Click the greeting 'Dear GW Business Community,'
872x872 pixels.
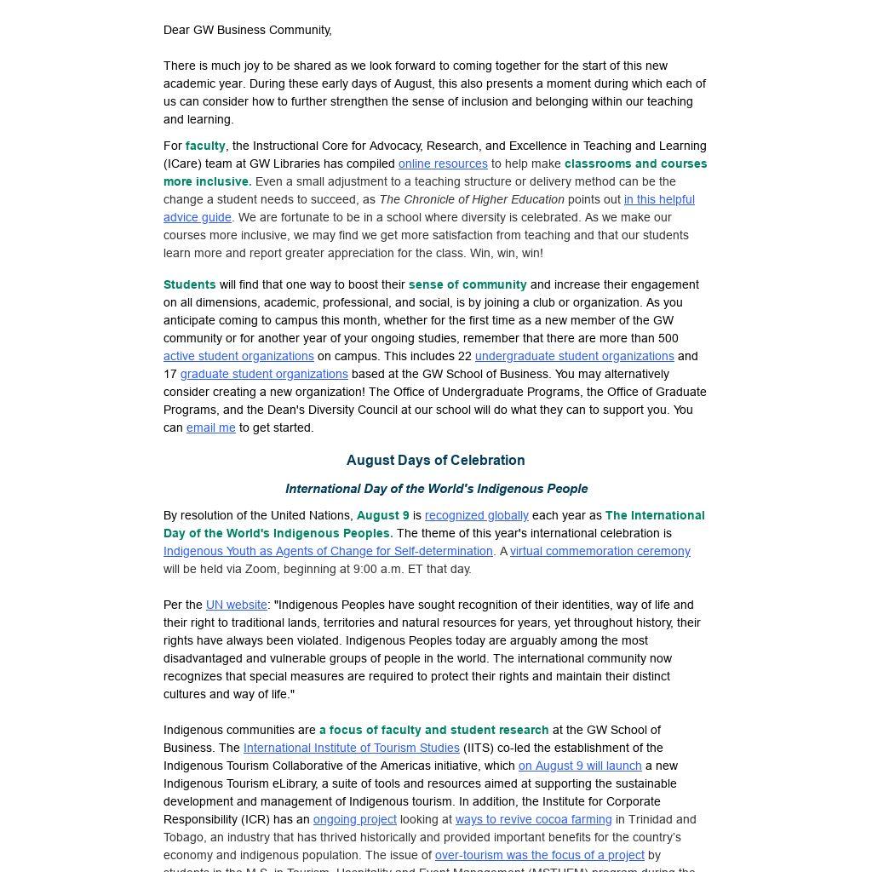[248, 30]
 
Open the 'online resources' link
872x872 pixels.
[443, 163]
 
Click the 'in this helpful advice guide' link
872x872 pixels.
[658, 199]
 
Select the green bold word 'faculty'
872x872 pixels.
[205, 146]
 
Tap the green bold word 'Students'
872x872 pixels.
[189, 284]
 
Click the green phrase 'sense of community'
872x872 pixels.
[468, 284]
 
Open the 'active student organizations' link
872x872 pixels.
[238, 356]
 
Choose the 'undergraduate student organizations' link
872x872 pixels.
[574, 356]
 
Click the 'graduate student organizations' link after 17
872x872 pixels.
[264, 374]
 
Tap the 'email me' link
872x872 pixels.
[210, 427]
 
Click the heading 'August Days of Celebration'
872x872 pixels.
[435, 460]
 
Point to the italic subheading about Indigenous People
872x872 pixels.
[436, 489]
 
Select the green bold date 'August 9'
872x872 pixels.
[382, 515]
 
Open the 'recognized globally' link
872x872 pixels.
[476, 515]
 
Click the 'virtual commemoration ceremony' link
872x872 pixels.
[600, 551]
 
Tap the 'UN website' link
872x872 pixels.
[236, 605]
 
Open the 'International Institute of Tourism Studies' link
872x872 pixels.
[351, 748]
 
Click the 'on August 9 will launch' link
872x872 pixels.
[580, 766]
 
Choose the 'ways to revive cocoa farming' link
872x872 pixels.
[533, 819]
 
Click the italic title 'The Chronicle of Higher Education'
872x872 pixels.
[472, 199]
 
